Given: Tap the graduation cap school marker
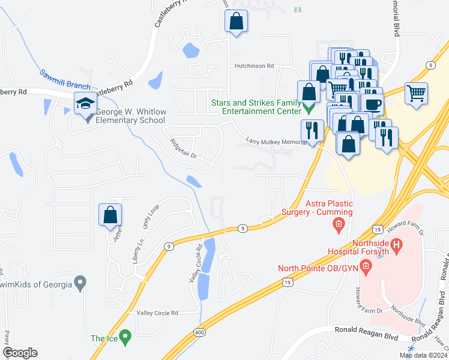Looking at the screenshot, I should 85,104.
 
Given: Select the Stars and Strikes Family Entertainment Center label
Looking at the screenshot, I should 256,107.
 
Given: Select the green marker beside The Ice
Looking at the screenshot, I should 125,337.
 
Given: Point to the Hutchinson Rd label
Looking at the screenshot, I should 254,66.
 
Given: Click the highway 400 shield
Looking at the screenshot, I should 199,332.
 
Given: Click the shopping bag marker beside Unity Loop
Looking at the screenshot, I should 110,215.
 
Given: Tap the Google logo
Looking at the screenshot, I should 20,353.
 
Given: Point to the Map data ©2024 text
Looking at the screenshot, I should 423,355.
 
